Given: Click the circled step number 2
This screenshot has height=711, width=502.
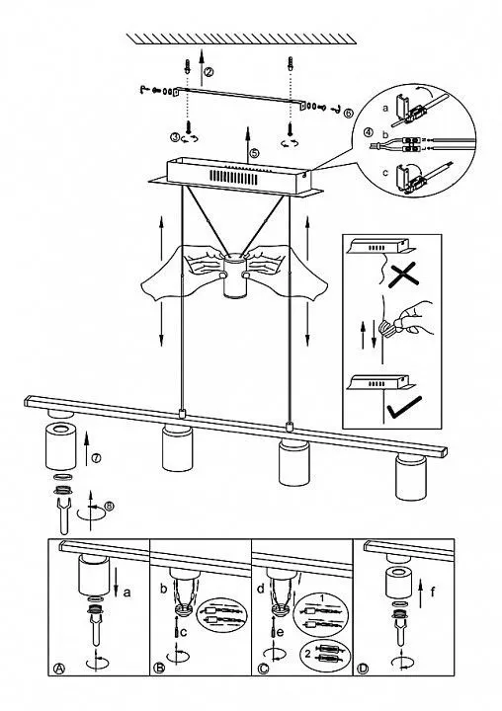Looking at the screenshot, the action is [x=209, y=71].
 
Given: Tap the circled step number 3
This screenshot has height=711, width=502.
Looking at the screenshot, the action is [x=176, y=137].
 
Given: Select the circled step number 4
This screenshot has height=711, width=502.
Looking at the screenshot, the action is [x=369, y=133].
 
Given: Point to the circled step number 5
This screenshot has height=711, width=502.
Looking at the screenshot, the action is [x=254, y=153].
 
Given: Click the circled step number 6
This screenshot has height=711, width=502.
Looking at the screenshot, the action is [x=348, y=114].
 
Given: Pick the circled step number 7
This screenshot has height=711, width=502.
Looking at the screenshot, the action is [x=96, y=458].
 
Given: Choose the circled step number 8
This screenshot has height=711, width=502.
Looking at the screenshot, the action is [x=109, y=506].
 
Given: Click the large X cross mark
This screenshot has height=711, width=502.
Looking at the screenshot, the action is [x=403, y=274].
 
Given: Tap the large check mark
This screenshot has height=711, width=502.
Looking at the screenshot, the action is [x=404, y=407].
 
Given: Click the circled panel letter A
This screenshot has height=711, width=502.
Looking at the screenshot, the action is [x=59, y=668].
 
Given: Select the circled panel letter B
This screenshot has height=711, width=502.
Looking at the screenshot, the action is [x=159, y=668].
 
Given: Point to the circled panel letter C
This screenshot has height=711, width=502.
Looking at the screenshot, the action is [x=262, y=668].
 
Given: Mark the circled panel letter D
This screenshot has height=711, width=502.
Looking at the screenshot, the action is [x=363, y=668].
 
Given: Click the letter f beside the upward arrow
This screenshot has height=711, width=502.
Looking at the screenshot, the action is [x=433, y=592].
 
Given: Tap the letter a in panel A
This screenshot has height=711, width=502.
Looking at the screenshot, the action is [x=127, y=592].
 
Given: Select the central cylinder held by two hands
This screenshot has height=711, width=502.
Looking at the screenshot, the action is [x=234, y=276].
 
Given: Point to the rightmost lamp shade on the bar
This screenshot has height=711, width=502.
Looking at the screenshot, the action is [x=411, y=477].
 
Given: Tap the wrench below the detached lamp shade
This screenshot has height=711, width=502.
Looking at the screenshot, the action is [x=63, y=515].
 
